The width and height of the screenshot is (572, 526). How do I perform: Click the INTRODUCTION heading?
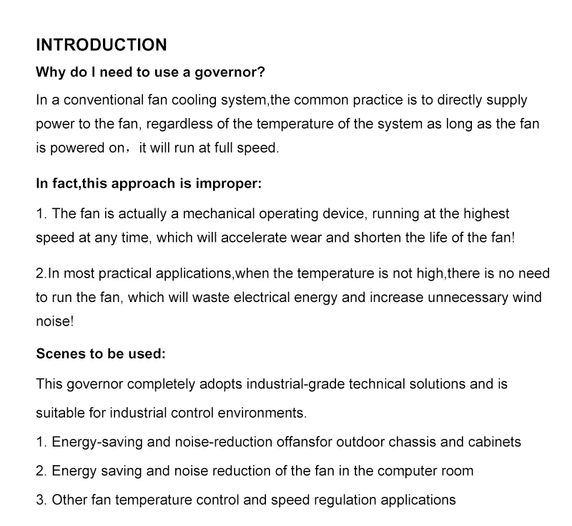(x=101, y=45)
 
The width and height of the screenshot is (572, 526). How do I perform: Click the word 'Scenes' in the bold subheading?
(x=59, y=354)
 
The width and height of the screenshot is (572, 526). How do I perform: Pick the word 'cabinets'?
(x=495, y=442)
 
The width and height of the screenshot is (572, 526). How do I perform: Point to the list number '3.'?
(x=41, y=500)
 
